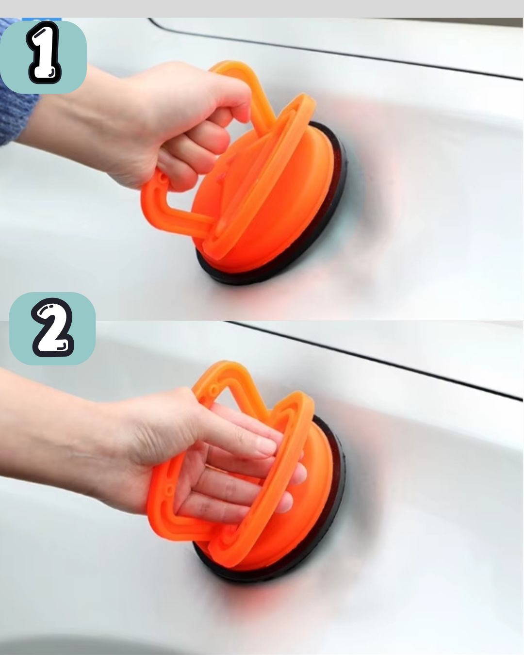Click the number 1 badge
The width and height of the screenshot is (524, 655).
pos(43,57)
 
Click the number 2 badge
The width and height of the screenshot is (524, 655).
pos(52,328)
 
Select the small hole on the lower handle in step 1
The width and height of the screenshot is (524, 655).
pos(164,178)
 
